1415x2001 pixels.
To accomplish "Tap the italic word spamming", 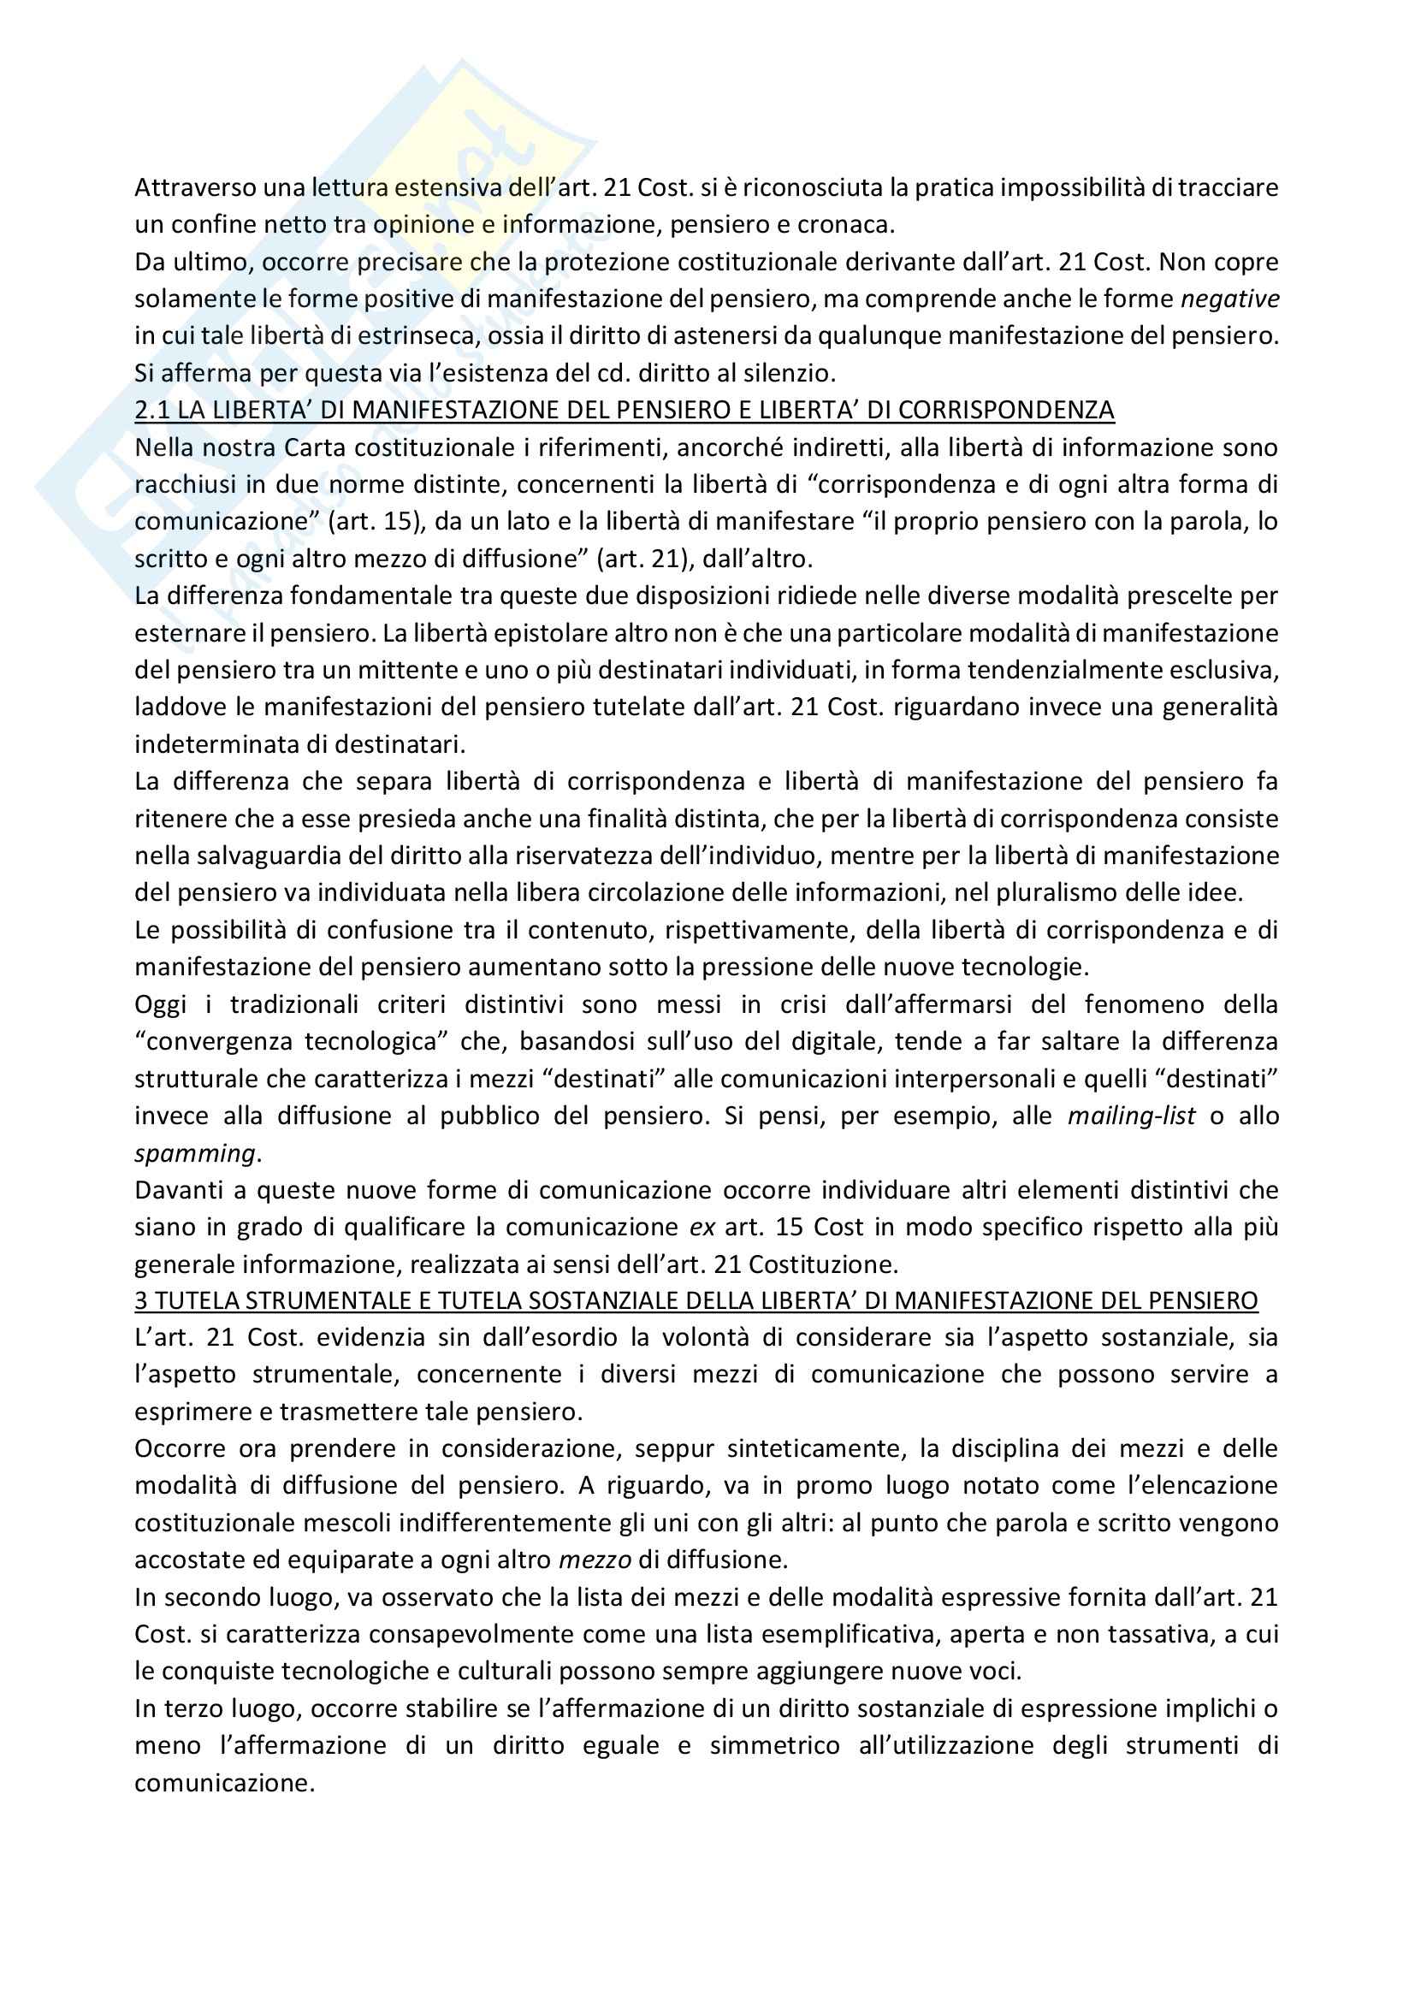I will click(x=194, y=1153).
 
